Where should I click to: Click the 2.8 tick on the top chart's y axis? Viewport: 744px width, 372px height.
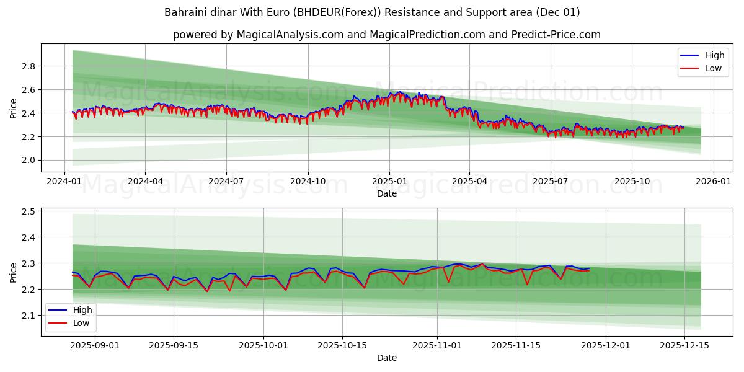pyautogui.click(x=27, y=66)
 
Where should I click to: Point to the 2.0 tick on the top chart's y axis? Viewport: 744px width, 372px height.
pyautogui.click(x=27, y=160)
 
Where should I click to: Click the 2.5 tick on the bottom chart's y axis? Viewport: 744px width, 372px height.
pyautogui.click(x=27, y=211)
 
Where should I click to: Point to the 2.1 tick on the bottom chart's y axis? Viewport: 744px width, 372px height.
pyautogui.click(x=27, y=316)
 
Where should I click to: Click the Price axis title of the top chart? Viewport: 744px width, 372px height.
pyautogui.click(x=14, y=108)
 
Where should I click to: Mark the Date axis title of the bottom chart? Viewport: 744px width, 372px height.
pyautogui.click(x=387, y=358)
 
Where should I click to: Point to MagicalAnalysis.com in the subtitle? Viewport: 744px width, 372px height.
pyautogui.click(x=290, y=35)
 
